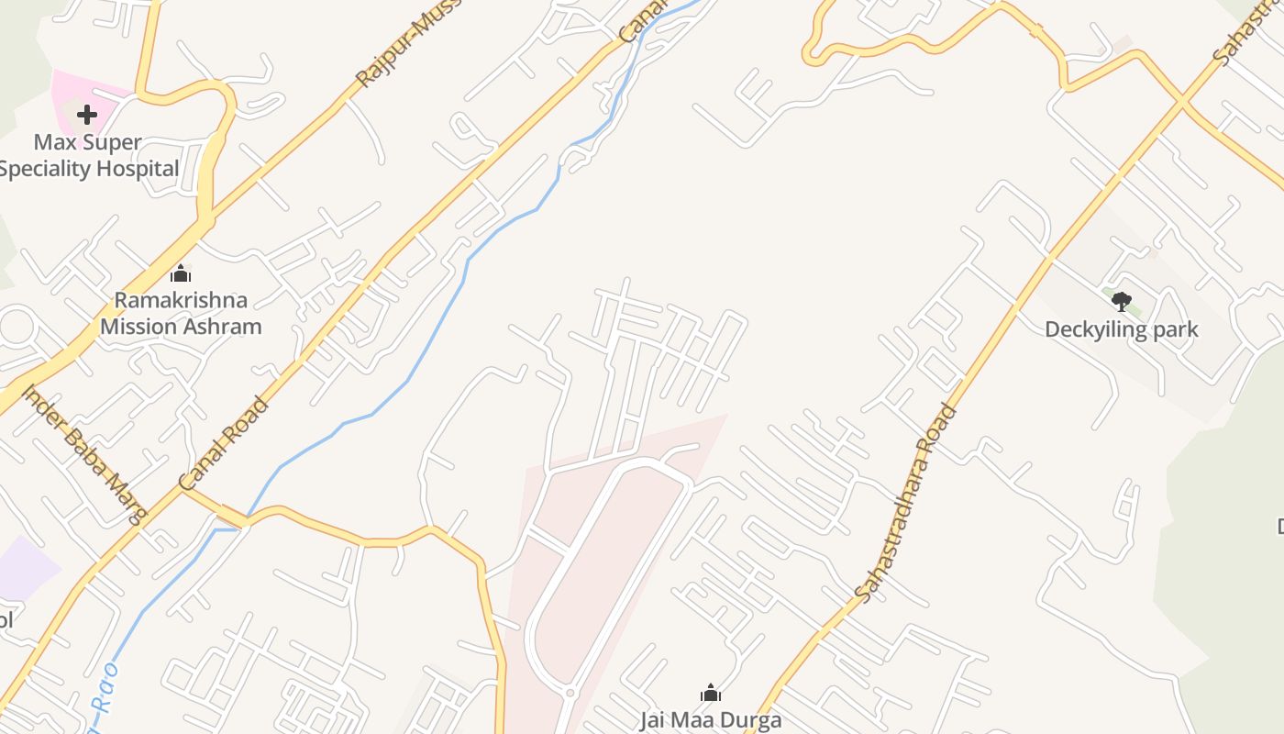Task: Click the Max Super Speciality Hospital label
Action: point(89,156)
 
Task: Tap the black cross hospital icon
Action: point(87,115)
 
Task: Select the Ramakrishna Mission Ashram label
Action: point(181,314)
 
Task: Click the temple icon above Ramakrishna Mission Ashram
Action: point(181,273)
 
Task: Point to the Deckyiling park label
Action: point(1122,329)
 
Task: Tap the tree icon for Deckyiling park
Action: point(1121,301)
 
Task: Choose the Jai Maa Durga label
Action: point(711,719)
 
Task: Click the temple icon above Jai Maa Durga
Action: point(711,693)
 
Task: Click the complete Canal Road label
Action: point(225,443)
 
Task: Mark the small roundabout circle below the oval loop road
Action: point(570,693)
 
